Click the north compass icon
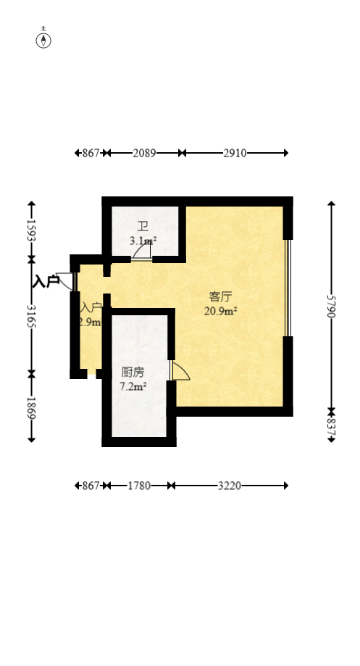[x=44, y=39]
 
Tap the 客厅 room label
[x=220, y=296]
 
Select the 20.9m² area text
[x=221, y=311]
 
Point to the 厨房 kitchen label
[x=133, y=372]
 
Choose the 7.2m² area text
[x=133, y=387]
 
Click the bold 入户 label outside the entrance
[x=46, y=281]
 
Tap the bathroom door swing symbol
[x=143, y=251]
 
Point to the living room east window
[x=287, y=288]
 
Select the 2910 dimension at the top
[x=235, y=153]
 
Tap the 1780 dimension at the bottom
[x=139, y=486]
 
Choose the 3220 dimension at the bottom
[x=230, y=486]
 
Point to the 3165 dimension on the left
[x=31, y=316]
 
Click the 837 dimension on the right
[x=332, y=425]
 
